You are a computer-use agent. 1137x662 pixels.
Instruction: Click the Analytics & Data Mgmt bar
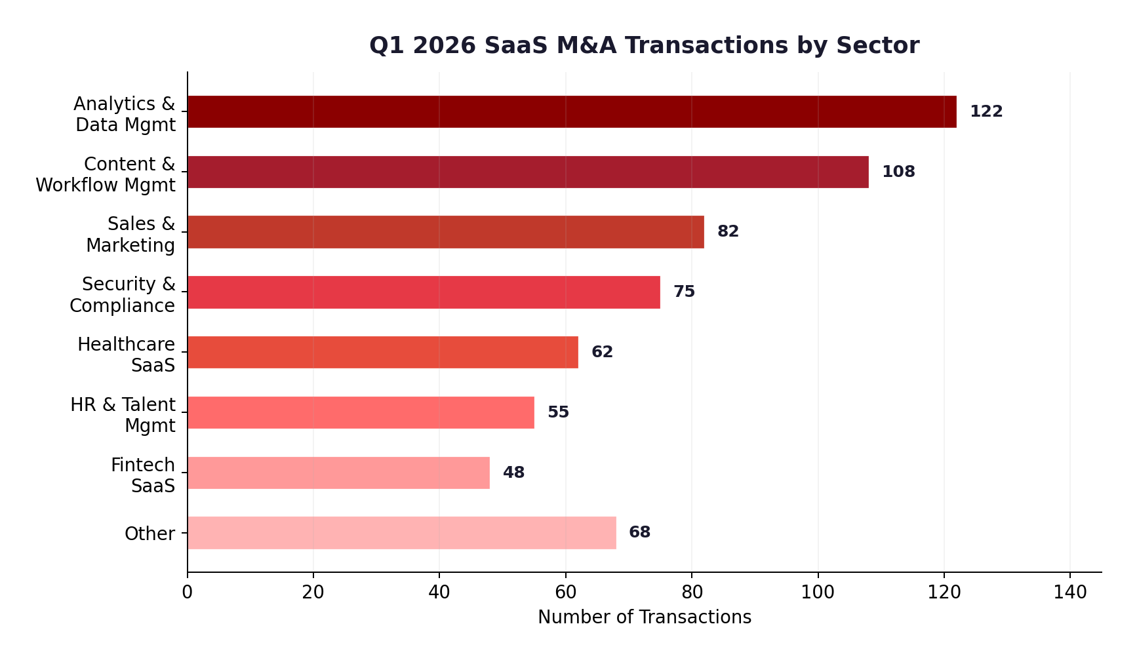(572, 111)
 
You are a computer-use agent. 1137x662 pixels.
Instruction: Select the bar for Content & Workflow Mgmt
(528, 172)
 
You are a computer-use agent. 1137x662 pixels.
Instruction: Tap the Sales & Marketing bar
(446, 232)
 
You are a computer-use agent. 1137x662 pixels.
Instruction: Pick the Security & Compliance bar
(424, 292)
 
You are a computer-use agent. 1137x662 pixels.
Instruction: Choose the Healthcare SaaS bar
(383, 352)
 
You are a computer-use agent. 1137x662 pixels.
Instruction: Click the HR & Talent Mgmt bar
(361, 412)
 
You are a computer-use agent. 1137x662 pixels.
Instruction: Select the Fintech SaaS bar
(338, 473)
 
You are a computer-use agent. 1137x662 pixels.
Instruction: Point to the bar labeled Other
(401, 533)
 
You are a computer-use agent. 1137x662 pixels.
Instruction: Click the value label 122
(986, 111)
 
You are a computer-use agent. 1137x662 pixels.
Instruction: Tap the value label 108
(898, 172)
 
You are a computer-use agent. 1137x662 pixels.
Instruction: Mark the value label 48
(513, 473)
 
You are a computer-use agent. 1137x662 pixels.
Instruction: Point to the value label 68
(639, 532)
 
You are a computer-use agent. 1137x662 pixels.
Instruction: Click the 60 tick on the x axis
(565, 592)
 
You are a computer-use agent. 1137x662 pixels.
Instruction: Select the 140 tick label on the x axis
(1069, 592)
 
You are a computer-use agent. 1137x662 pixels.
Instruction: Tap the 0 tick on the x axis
(188, 592)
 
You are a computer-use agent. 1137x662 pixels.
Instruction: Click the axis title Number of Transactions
(644, 617)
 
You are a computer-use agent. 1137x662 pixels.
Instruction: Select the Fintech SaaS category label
(143, 475)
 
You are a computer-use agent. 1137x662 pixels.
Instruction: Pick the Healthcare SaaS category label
(127, 355)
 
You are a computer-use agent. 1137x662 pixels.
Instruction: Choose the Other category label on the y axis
(150, 534)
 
